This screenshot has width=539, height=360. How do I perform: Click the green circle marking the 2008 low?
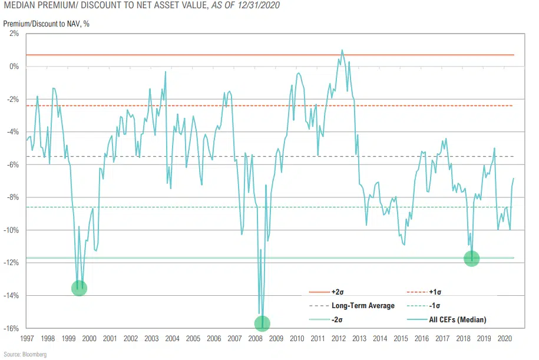coord(262,323)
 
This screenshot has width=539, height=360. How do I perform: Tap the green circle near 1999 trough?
coord(79,288)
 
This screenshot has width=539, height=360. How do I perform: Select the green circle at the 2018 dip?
coord(472,259)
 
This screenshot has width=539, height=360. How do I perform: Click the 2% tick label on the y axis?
coord(15,34)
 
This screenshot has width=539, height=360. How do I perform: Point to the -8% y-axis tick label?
coord(13,197)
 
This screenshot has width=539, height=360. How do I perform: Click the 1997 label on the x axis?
coord(27,339)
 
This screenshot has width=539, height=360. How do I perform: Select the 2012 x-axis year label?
coord(338,339)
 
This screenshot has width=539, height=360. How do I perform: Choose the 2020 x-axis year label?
coord(504,339)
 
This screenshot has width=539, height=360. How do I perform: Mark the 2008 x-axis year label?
coord(255,339)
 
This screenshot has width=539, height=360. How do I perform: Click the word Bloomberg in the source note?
coord(35,354)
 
